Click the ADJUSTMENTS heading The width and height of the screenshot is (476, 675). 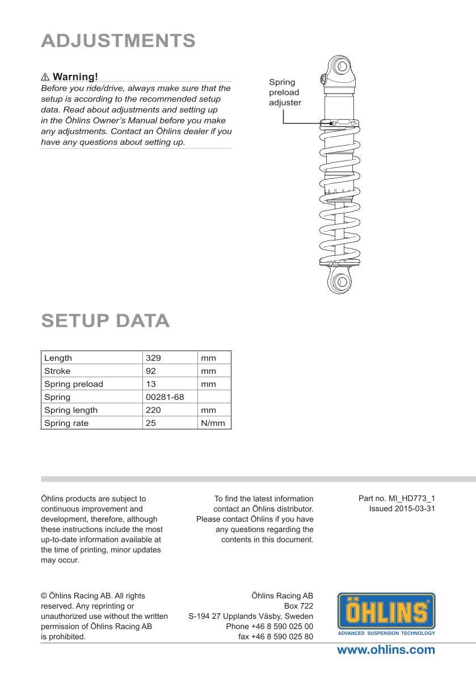tap(119, 41)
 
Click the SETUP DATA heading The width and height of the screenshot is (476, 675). tap(106, 321)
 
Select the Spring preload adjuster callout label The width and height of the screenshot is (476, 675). tap(285, 92)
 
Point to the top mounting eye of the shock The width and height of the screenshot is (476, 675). tap(342, 67)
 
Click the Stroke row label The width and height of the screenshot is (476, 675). tap(57, 371)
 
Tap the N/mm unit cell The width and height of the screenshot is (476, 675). tap(213, 423)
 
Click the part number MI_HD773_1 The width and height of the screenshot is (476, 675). tap(397, 499)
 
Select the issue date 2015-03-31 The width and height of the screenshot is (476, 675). tap(402, 509)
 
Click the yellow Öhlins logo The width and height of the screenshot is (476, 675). tap(386, 614)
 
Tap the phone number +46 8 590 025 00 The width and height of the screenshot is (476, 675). tap(269, 626)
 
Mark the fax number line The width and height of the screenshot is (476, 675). tap(276, 636)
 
